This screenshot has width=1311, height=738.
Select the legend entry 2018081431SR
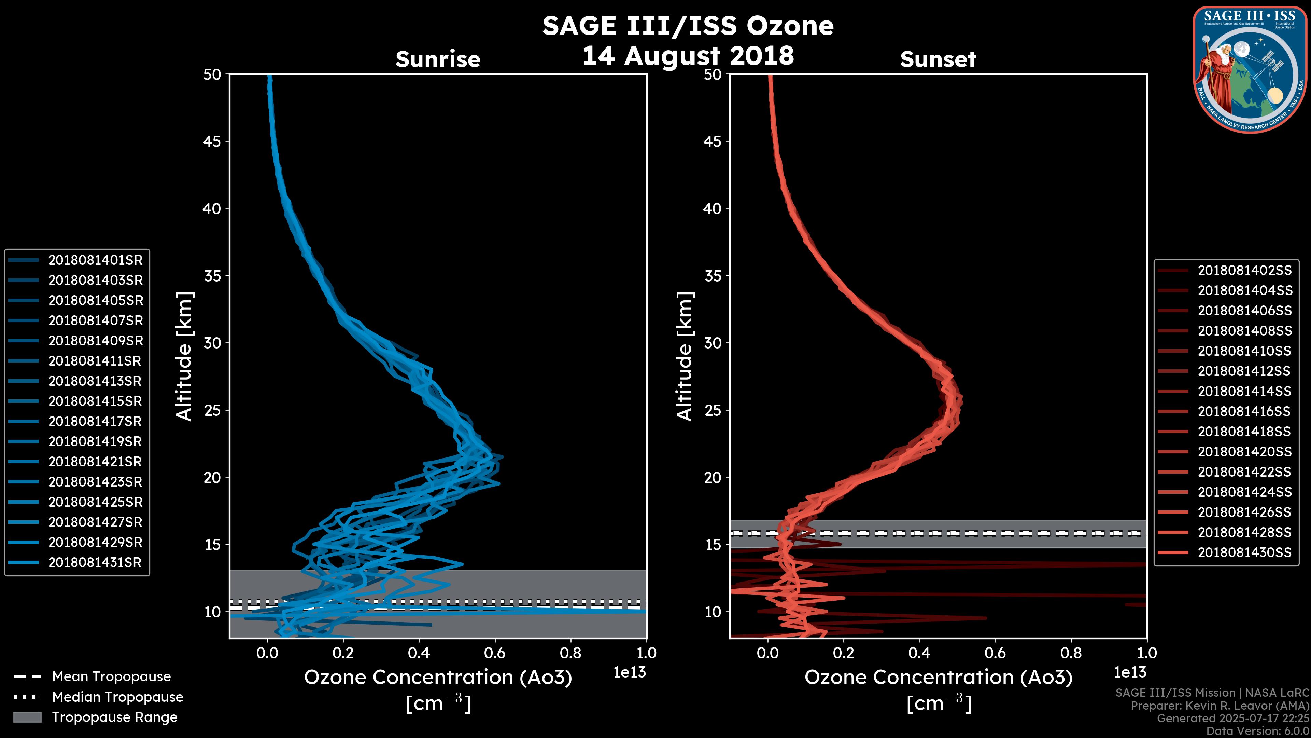click(x=95, y=563)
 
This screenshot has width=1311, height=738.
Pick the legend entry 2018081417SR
click(x=95, y=422)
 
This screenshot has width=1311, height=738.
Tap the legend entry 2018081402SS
click(x=1244, y=271)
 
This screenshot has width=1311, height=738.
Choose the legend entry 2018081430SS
click(x=1244, y=552)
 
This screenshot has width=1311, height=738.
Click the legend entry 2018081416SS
click(x=1244, y=411)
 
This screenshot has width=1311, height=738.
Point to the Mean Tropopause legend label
click(x=111, y=677)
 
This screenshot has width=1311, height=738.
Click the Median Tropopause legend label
click(x=117, y=697)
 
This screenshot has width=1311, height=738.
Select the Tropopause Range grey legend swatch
click(x=27, y=717)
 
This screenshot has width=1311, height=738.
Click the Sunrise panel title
click(x=438, y=59)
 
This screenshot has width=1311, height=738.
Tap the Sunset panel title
click(x=938, y=59)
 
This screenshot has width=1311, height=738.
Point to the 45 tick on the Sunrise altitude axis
click(x=212, y=141)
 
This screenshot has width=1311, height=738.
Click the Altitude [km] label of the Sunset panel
click(x=685, y=356)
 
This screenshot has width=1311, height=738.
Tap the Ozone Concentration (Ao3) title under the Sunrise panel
click(x=438, y=678)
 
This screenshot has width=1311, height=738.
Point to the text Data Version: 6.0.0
click(x=1258, y=732)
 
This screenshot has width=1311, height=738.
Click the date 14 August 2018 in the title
click(x=688, y=55)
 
